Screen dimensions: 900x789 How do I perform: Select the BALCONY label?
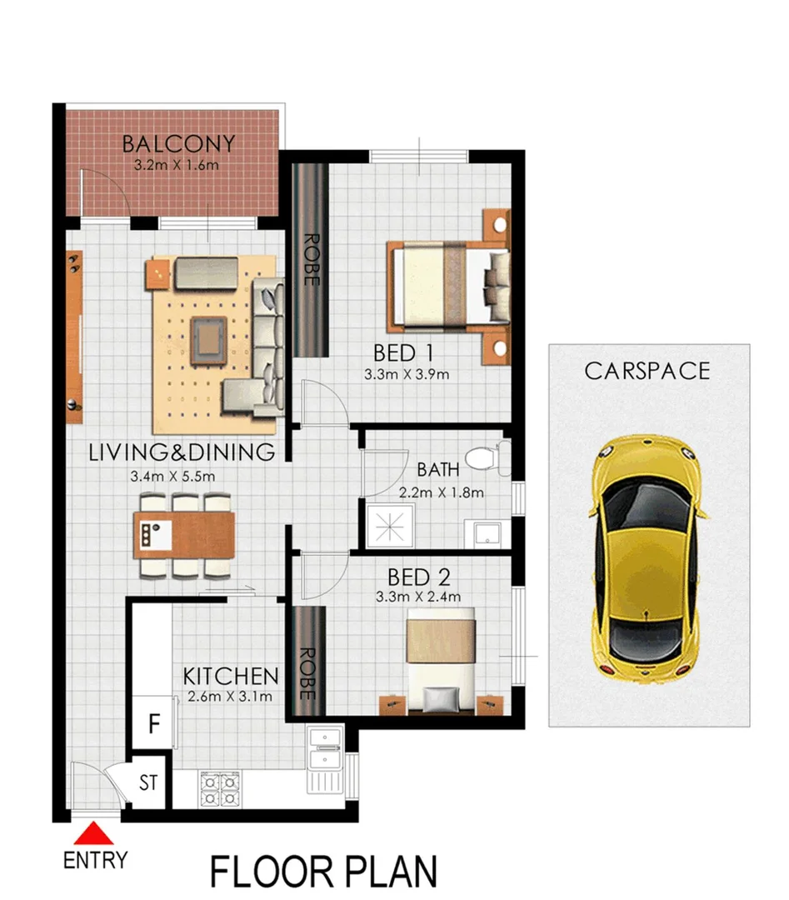[178, 143]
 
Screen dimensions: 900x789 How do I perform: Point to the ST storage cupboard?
[149, 783]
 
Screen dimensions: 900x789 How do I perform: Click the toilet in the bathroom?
[482, 457]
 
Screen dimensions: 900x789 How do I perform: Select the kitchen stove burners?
[220, 787]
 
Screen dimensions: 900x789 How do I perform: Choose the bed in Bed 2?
[441, 658]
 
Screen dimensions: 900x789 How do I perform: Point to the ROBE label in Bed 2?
[307, 673]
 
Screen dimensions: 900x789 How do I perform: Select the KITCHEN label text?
[231, 675]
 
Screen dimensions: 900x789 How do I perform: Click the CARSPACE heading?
[647, 370]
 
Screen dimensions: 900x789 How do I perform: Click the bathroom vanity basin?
[487, 533]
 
